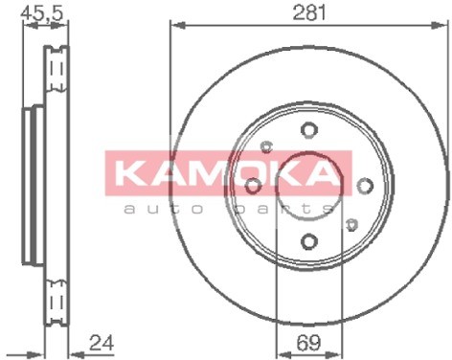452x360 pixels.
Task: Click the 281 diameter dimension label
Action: pyautogui.click(x=309, y=12)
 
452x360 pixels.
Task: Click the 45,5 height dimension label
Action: pyautogui.click(x=42, y=13)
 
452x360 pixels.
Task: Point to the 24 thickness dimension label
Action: pyautogui.click(x=102, y=343)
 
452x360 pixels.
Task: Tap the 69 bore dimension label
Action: pyautogui.click(x=308, y=343)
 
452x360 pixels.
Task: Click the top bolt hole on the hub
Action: pyautogui.click(x=309, y=130)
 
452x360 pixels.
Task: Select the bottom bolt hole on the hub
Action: pyautogui.click(x=309, y=241)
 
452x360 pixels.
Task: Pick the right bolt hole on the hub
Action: pyautogui.click(x=365, y=186)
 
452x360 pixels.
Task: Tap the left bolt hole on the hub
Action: pyautogui.click(x=254, y=186)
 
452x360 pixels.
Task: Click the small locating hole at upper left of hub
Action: pyautogui.click(x=266, y=146)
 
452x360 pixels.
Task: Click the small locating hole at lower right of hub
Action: pyautogui.click(x=351, y=225)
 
